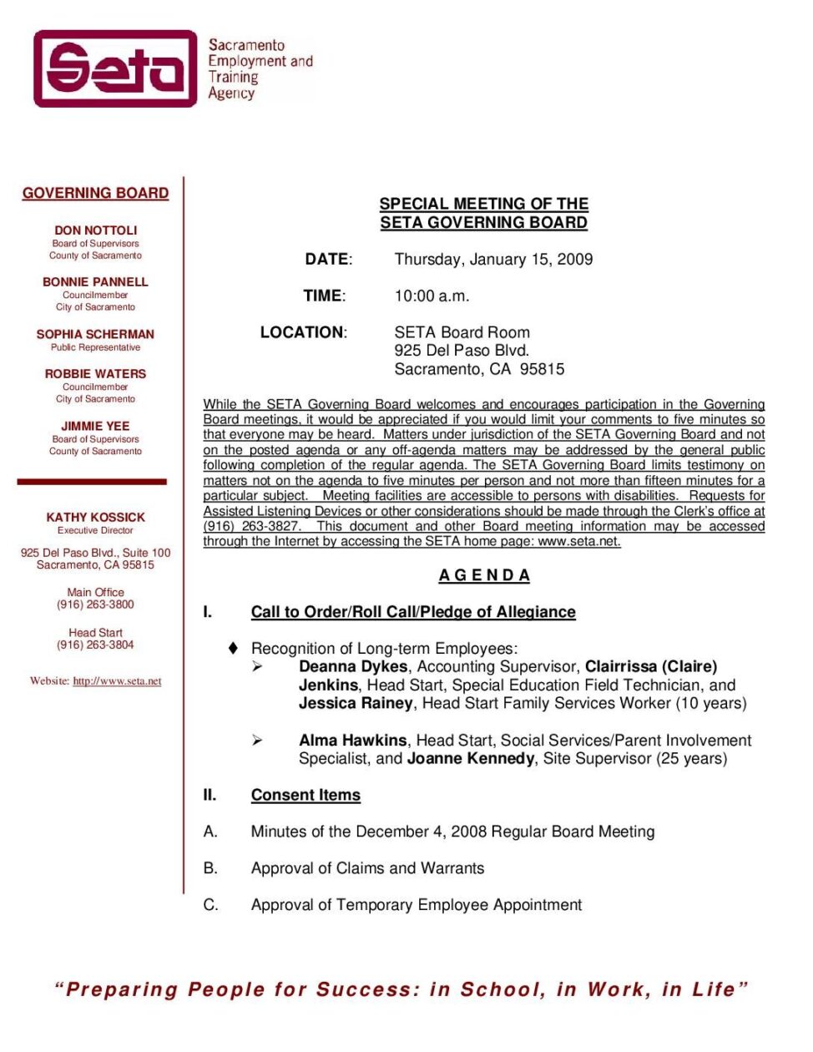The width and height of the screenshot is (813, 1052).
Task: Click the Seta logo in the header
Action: [x=115, y=68]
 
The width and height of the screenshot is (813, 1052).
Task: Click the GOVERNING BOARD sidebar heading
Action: [x=95, y=193]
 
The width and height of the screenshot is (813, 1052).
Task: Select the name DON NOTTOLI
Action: [x=95, y=230]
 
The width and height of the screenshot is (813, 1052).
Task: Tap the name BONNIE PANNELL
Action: [x=95, y=282]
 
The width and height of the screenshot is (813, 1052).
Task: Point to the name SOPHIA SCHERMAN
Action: [x=95, y=334]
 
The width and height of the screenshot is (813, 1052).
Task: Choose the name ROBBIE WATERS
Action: [x=95, y=374]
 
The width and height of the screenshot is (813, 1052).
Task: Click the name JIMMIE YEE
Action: [x=95, y=426]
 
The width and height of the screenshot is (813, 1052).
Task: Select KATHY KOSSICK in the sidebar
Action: [x=95, y=518]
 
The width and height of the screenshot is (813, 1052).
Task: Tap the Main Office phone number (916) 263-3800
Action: [x=95, y=604]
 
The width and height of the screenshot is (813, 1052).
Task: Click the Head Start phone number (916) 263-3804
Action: [x=95, y=645]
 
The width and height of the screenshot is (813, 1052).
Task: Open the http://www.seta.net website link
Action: [x=117, y=681]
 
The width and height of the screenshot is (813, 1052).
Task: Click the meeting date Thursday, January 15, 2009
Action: [x=493, y=259]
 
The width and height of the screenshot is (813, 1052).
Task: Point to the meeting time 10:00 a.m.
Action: [x=432, y=296]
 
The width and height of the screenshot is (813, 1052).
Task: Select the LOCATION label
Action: [x=303, y=332]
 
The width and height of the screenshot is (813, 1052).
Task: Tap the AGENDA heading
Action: [x=484, y=575]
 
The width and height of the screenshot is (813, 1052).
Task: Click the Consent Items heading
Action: [x=306, y=795]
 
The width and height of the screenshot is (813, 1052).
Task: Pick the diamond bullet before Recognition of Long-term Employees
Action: [x=234, y=648]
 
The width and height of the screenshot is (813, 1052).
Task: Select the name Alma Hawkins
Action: [x=352, y=740]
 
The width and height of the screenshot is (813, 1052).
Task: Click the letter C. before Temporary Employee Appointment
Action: [x=210, y=904]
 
